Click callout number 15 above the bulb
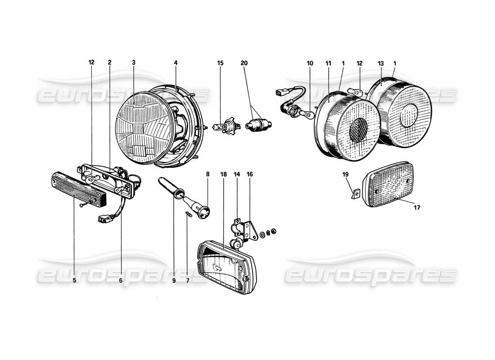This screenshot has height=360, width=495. click(220, 63)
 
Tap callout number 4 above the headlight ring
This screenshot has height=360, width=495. click(175, 63)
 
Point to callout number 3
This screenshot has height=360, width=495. click(134, 63)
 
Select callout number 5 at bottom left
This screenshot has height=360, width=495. click(74, 280)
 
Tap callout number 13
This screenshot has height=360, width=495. click(380, 63)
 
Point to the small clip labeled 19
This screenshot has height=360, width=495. click(355, 194)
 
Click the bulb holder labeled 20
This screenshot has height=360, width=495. click(257, 126)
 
